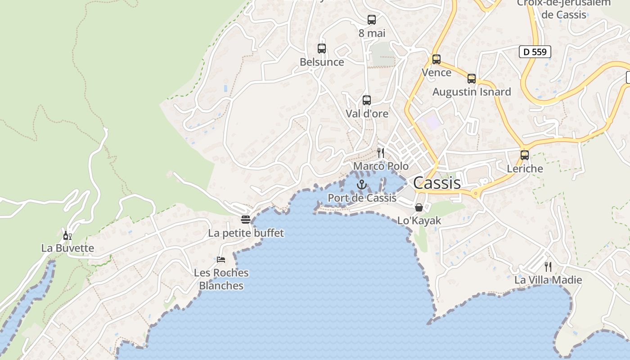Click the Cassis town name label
(x=437, y=183)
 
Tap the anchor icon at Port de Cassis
(x=361, y=184)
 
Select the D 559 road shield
(x=535, y=52)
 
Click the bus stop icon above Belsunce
(x=322, y=49)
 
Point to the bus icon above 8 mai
(x=372, y=20)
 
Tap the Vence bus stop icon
(x=436, y=59)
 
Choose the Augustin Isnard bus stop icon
(x=472, y=79)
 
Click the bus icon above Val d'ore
(x=367, y=100)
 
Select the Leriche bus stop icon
(x=525, y=155)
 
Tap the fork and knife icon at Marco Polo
(x=381, y=153)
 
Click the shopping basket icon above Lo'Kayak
(x=419, y=207)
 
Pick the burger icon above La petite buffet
(x=246, y=220)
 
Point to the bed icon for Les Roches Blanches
(x=221, y=260)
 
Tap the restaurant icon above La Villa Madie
(x=548, y=267)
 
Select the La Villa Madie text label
(x=548, y=280)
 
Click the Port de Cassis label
(x=362, y=198)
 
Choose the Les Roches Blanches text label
(x=221, y=279)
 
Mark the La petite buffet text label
(x=246, y=233)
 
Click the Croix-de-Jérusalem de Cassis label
(x=564, y=9)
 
